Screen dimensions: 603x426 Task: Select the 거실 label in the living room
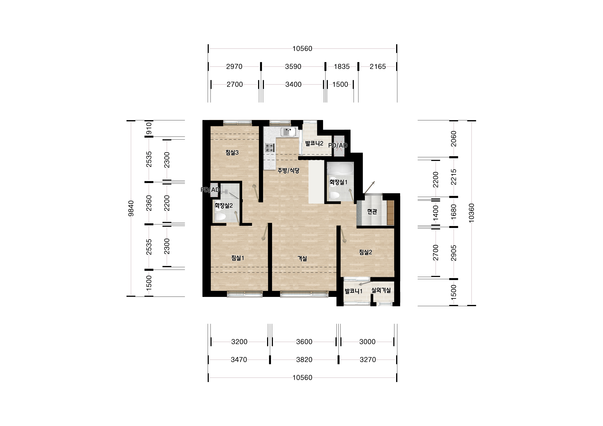[x=302, y=259]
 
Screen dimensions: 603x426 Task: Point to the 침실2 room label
[x=366, y=252]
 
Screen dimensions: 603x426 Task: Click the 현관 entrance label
[x=372, y=212]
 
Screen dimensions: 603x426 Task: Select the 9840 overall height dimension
[x=131, y=208]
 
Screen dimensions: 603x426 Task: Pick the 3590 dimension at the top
[x=293, y=67]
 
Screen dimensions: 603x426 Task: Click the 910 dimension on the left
[x=149, y=128]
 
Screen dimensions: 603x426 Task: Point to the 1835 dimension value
[x=342, y=67]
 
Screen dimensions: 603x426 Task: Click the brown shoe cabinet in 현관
[x=390, y=213]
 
